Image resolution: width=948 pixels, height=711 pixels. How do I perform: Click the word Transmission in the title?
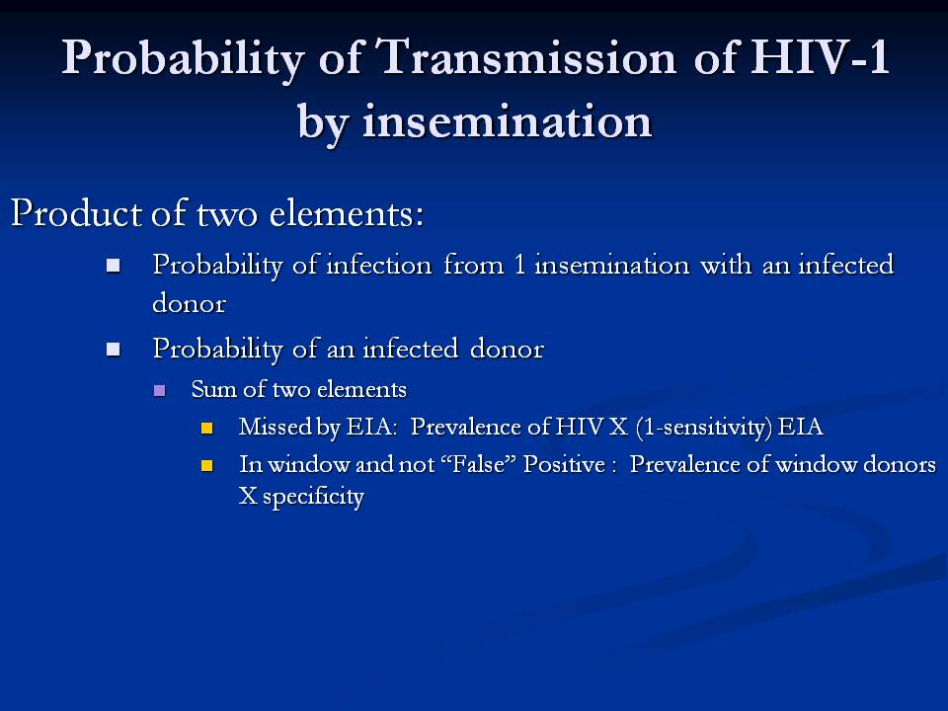526,57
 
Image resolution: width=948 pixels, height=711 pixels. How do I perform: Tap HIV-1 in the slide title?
820,57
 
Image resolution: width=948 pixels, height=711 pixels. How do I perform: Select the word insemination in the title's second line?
508,120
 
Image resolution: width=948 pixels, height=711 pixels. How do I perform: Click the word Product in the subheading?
77,213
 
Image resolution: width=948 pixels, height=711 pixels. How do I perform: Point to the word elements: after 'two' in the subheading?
347,213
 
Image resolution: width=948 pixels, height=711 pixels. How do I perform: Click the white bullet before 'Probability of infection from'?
113,266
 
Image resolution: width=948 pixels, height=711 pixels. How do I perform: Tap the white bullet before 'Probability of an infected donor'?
113,350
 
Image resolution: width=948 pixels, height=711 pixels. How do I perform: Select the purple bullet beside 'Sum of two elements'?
160,390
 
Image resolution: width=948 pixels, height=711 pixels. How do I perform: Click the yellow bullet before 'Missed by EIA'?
206,428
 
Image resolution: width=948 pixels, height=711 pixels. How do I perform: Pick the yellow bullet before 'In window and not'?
206,465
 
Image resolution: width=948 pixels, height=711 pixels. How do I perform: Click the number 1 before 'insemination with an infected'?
519,265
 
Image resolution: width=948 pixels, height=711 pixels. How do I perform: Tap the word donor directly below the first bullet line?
190,302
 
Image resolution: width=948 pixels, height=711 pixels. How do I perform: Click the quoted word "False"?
487,464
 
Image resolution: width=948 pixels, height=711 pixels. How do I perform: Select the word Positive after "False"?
564,464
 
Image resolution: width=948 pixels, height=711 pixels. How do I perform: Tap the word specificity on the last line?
313,497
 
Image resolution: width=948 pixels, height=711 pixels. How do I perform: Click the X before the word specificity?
248,496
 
